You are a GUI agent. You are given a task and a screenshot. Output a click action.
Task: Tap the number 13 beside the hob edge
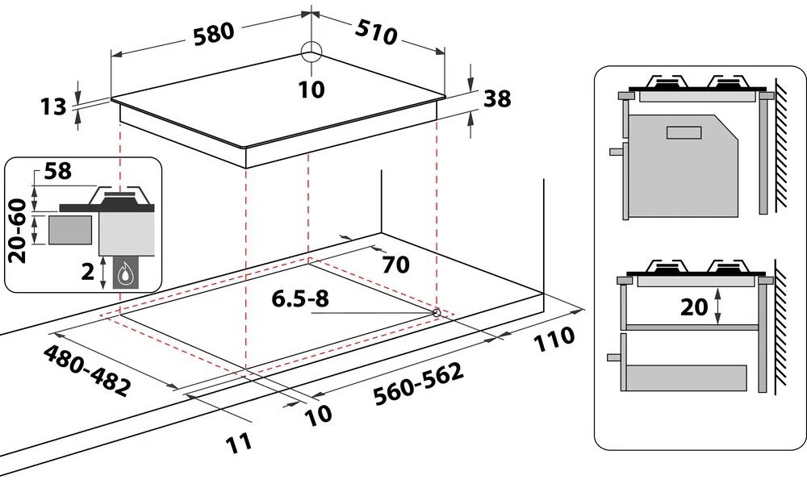(x=54, y=106)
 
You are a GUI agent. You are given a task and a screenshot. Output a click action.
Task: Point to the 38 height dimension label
(x=497, y=99)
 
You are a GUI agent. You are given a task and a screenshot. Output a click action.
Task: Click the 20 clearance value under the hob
(x=698, y=307)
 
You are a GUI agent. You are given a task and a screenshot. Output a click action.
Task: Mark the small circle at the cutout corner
(x=436, y=311)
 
